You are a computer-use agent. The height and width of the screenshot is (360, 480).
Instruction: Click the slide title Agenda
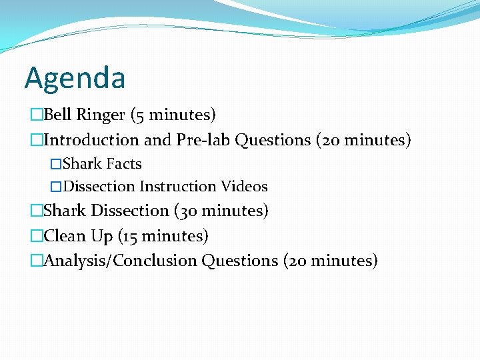pyautogui.click(x=75, y=78)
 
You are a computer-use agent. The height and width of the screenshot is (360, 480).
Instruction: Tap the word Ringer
pyautogui.click(x=101, y=115)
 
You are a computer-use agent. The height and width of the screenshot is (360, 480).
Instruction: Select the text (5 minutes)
pyautogui.click(x=173, y=115)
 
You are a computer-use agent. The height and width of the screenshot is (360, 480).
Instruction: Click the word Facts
pyautogui.click(x=124, y=164)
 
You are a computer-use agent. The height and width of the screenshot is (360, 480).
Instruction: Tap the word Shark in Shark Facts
pyautogui.click(x=83, y=164)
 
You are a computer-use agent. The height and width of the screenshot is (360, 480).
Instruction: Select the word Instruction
pyautogui.click(x=178, y=187)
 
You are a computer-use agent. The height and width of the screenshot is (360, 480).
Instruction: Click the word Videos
pyautogui.click(x=244, y=187)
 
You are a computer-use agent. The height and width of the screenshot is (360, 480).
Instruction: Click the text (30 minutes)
pyautogui.click(x=221, y=211)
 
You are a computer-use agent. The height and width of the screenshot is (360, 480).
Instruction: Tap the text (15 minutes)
pyautogui.click(x=160, y=236)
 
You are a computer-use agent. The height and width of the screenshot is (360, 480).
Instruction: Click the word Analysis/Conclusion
pyautogui.click(x=121, y=261)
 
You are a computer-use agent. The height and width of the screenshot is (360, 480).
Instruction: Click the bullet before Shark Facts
pyautogui.click(x=56, y=164)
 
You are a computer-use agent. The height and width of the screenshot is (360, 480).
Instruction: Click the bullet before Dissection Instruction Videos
pyautogui.click(x=56, y=187)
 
